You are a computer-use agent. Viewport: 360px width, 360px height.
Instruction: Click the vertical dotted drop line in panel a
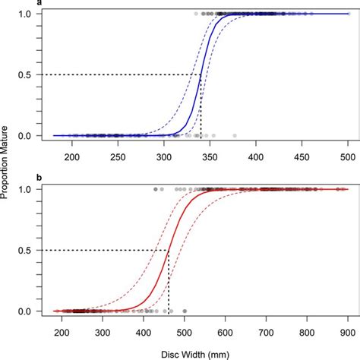pyautogui.click(x=201, y=106)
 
